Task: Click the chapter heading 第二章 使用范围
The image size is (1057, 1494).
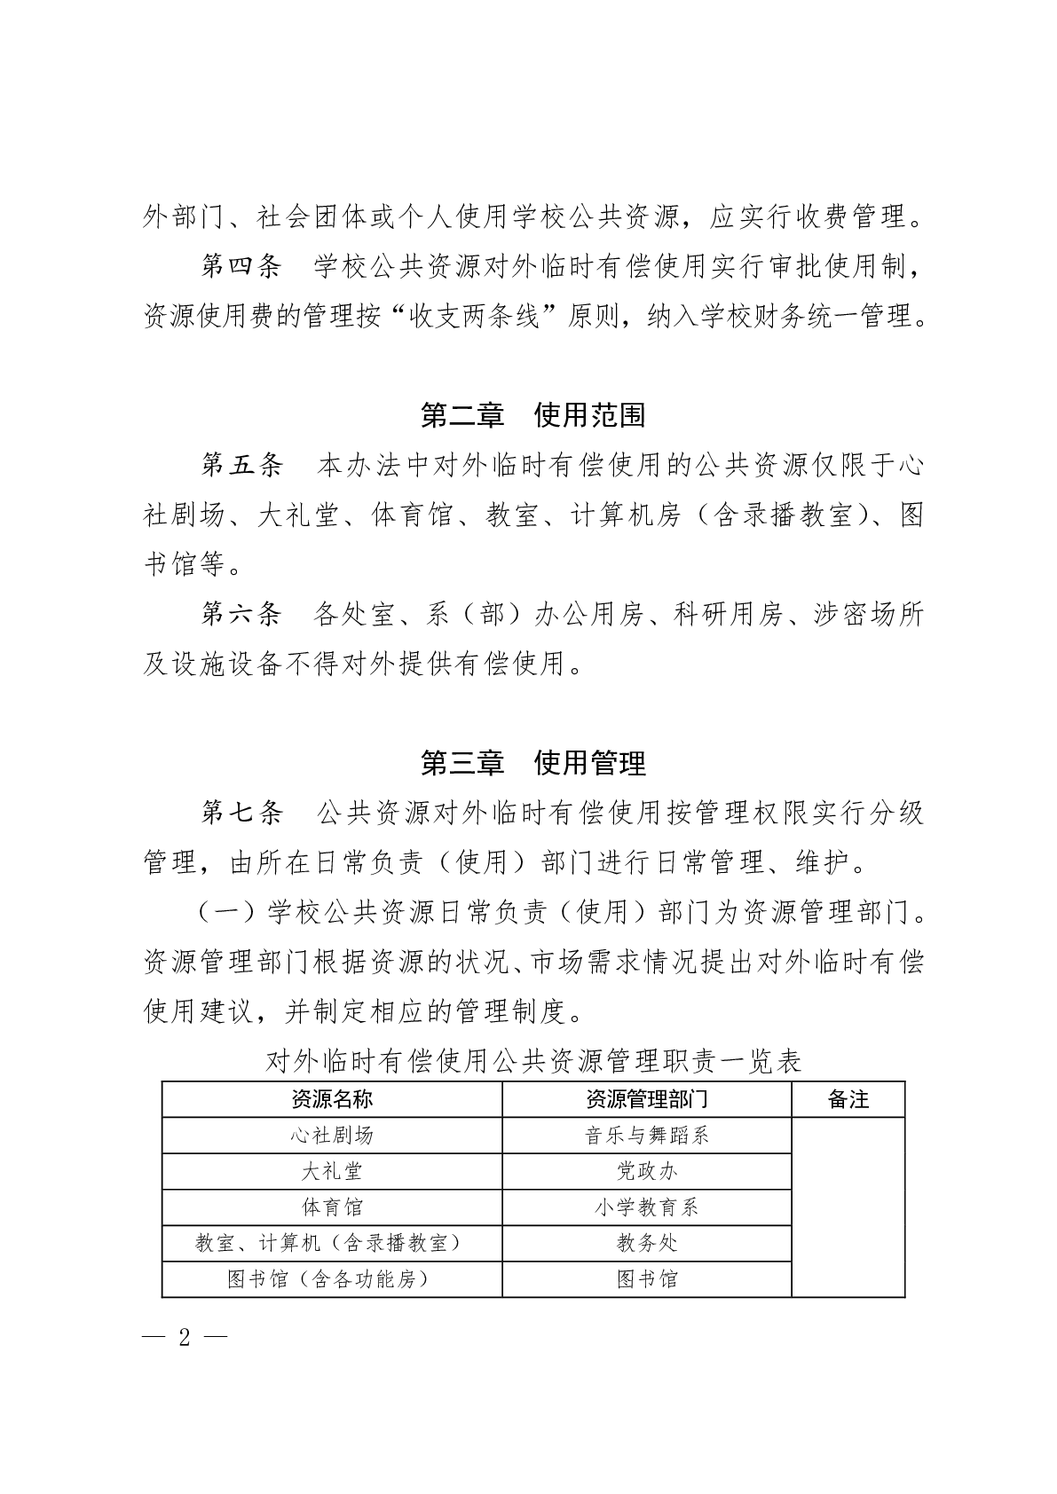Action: (x=532, y=415)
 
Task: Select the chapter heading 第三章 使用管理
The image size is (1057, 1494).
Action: (x=532, y=762)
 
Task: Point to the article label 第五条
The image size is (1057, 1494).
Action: (x=241, y=465)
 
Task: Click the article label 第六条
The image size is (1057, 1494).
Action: (x=241, y=614)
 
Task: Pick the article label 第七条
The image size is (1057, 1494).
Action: (x=241, y=812)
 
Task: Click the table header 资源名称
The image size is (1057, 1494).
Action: (x=332, y=1100)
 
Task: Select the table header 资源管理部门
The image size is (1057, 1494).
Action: (x=646, y=1100)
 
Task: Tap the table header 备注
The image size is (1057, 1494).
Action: (x=848, y=1100)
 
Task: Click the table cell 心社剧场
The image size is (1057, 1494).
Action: (x=332, y=1136)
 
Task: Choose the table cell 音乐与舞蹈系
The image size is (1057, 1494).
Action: (x=646, y=1136)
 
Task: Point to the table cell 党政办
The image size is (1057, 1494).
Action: (x=646, y=1172)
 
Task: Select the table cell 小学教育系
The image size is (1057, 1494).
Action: (x=646, y=1207)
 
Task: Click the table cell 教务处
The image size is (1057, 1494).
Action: (x=646, y=1244)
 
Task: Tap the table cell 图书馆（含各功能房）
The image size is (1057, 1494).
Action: (x=332, y=1279)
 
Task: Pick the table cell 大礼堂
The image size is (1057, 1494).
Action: (x=332, y=1172)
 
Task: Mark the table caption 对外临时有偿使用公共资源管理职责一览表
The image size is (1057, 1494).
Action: (x=533, y=1062)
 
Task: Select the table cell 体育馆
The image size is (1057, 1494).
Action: (x=332, y=1207)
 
